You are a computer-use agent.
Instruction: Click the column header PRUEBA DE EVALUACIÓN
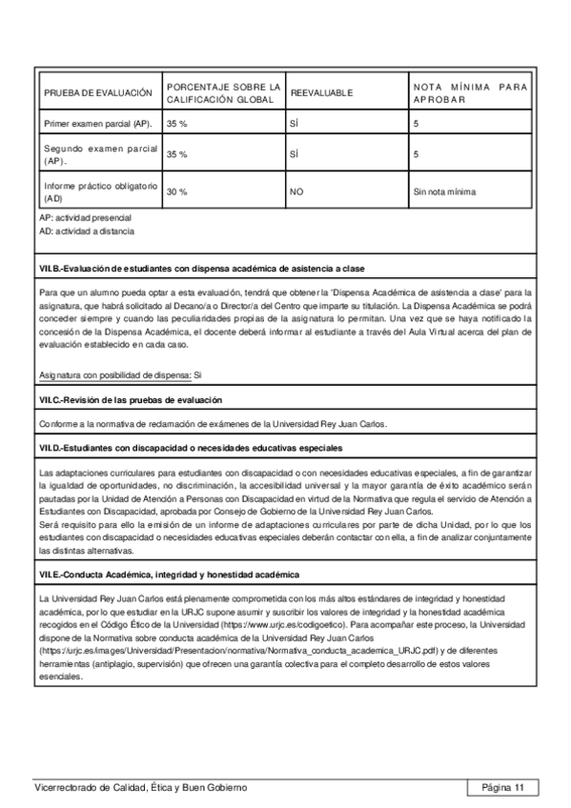98,92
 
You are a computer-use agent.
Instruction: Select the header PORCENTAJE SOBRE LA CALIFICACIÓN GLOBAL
224,92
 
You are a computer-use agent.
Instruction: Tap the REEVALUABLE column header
321,93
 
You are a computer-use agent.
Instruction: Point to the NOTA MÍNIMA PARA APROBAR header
469,92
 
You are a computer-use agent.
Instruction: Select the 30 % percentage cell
177,192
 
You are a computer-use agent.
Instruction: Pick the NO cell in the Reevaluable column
296,192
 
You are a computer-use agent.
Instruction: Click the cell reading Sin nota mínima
444,192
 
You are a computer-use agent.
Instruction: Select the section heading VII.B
201,269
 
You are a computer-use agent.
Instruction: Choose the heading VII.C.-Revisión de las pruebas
144,400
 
